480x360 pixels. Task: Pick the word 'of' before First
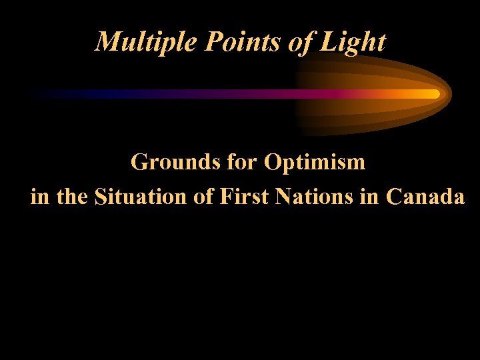(x=205, y=197)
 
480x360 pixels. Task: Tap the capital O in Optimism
(x=274, y=162)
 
